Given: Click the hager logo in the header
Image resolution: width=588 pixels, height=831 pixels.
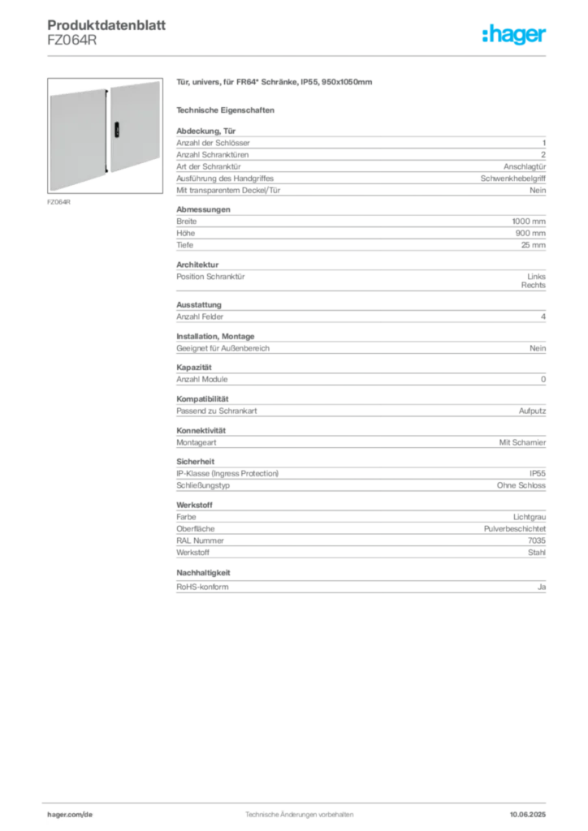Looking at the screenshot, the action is tap(514, 34).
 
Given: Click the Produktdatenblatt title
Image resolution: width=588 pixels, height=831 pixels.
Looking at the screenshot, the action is tap(106, 25).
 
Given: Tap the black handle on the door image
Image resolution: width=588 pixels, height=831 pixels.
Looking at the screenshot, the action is tap(117, 130).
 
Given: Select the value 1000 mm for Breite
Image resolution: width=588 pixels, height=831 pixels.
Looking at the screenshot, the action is tap(529, 222).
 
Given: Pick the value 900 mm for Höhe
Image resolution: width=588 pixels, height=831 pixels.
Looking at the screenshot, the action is tap(530, 233).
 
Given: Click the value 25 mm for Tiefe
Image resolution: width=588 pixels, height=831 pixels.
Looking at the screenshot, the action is tap(533, 245).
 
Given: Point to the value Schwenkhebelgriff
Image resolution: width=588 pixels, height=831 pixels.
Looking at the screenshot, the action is tap(512, 179).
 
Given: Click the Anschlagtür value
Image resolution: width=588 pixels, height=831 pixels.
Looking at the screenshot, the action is tap(525, 166).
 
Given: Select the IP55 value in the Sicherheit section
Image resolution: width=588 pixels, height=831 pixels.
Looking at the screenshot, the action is tap(537, 473).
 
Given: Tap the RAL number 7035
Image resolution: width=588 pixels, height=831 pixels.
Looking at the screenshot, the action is tap(537, 540).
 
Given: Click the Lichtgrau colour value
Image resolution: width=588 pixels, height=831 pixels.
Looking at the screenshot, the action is tap(530, 517).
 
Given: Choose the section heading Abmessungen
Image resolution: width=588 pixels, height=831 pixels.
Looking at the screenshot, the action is tap(203, 209).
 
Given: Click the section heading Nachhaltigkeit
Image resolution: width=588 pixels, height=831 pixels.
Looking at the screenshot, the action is tap(203, 573).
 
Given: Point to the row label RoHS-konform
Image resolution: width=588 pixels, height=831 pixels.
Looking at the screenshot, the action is tap(202, 587).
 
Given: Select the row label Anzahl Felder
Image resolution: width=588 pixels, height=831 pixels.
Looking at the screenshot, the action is tap(200, 316).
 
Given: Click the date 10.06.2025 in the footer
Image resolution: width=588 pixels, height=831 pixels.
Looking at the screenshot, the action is tap(528, 815).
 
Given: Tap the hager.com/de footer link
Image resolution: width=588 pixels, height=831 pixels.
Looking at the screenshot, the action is tap(70, 815).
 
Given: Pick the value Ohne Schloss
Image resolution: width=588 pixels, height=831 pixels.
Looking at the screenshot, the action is tap(521, 485).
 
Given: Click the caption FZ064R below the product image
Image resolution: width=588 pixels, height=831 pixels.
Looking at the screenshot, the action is tap(58, 202).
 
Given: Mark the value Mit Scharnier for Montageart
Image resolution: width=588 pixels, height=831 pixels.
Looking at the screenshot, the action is tap(522, 442).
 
